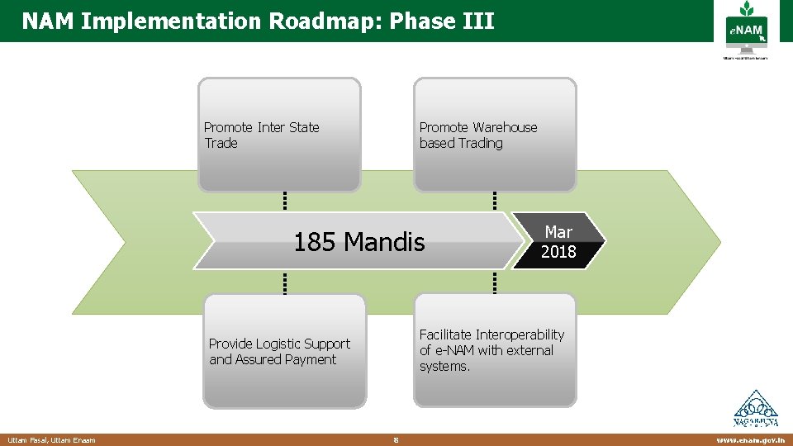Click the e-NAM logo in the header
[x=746, y=31]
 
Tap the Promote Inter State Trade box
[x=280, y=135]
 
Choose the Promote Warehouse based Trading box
[x=495, y=135]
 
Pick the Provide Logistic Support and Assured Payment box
[x=284, y=351]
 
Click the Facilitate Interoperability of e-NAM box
[x=495, y=349]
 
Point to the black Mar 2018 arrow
[x=559, y=241]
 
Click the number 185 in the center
[x=316, y=242]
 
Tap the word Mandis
[x=384, y=242]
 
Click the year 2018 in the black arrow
[x=558, y=252]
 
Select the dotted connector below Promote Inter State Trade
[x=284, y=201]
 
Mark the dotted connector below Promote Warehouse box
[x=495, y=201]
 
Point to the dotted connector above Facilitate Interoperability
[x=495, y=283]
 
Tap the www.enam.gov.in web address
[x=750, y=440]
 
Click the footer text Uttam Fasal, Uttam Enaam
[x=51, y=440]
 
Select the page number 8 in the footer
[x=396, y=440]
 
